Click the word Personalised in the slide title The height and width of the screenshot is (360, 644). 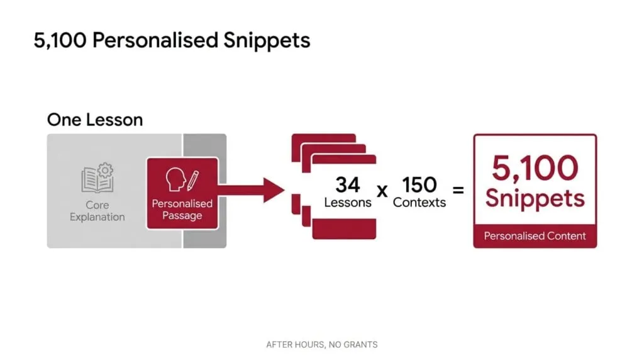[x=155, y=40]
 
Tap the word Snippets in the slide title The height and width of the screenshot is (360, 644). [x=267, y=41]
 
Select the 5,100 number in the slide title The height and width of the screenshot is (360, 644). [x=60, y=41]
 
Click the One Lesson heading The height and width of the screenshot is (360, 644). [x=95, y=120]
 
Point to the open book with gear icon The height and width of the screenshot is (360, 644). [x=97, y=177]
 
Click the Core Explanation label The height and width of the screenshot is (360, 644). [x=97, y=211]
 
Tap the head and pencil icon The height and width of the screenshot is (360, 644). [x=182, y=179]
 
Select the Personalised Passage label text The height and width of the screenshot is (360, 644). [x=182, y=209]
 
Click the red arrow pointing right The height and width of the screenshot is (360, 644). [x=252, y=190]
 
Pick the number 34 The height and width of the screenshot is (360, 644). [x=347, y=184]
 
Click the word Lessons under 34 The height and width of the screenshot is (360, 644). [x=347, y=202]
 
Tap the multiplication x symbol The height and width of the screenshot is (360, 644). [x=382, y=191]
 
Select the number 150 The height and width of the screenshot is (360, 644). [x=419, y=184]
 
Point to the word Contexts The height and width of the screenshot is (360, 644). [x=419, y=202]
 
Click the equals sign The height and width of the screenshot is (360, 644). [x=458, y=190]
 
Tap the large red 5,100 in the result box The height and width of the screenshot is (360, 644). [x=535, y=167]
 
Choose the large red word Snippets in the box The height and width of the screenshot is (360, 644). [x=535, y=199]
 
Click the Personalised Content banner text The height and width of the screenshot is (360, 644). [x=535, y=236]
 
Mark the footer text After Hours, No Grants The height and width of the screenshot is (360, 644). [x=321, y=344]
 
